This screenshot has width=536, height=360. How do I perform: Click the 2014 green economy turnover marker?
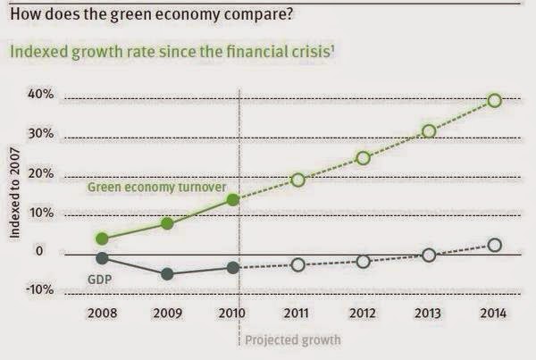tap(494, 100)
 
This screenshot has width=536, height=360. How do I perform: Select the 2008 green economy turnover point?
tap(103, 239)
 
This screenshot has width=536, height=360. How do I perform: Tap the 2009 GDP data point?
tap(167, 273)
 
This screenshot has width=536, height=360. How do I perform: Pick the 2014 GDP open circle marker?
tap(494, 245)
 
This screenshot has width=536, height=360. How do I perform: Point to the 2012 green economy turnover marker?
tap(364, 158)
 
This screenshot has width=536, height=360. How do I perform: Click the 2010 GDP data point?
tap(233, 267)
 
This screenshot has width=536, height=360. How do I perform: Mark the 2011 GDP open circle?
tap(298, 264)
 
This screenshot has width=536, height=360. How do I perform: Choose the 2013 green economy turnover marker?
tap(429, 131)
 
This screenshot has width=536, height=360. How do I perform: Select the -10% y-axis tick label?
tap(39, 291)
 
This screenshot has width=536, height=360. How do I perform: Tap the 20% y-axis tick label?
tap(42, 173)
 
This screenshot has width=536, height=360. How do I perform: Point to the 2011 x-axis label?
tap(298, 314)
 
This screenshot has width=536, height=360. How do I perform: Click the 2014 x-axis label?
tap(494, 314)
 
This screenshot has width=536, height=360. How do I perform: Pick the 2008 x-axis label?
tap(103, 314)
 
